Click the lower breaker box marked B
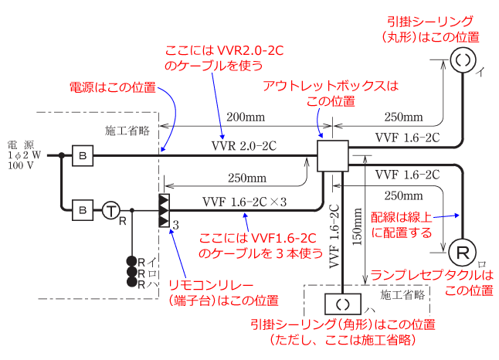[x=82, y=209]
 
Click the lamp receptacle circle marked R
[x=463, y=253]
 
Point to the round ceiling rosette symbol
[x=463, y=59]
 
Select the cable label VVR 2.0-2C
[x=243, y=144]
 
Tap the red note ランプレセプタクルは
[x=430, y=274]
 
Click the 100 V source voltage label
[x=22, y=166]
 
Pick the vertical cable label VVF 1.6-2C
[x=334, y=235]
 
